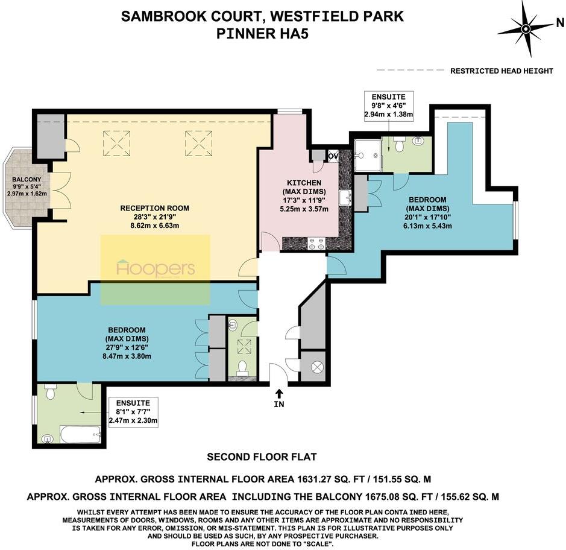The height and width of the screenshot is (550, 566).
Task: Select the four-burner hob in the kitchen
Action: click(x=316, y=244)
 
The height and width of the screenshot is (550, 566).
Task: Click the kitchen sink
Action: click(x=345, y=198)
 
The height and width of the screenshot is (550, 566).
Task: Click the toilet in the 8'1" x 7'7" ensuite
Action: click(x=51, y=394)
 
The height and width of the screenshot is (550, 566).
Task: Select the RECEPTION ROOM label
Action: click(x=154, y=208)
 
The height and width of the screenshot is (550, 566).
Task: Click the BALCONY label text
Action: click(x=25, y=180)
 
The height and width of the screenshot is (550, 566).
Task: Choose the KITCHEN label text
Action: click(x=304, y=183)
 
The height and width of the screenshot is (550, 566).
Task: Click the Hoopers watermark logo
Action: click(x=156, y=268)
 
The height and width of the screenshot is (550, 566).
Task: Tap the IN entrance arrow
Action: click(x=279, y=398)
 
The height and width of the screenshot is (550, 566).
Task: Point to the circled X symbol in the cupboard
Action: click(x=313, y=367)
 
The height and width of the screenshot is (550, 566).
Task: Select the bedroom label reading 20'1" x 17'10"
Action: click(x=427, y=213)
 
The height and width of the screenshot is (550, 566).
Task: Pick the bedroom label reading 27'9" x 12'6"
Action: click(x=127, y=343)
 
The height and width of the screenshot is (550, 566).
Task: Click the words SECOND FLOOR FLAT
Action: click(x=262, y=457)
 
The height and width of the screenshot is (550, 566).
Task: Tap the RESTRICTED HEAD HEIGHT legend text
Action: click(x=502, y=71)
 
